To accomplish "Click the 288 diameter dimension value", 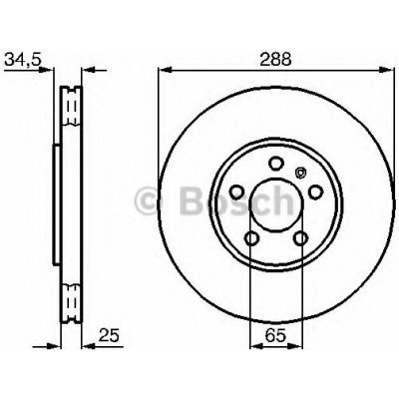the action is (275, 60).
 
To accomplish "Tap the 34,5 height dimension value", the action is (23, 60).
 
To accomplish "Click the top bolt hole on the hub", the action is (276, 164).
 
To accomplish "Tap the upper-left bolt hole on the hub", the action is (237, 192).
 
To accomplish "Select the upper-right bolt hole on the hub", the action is (315, 192).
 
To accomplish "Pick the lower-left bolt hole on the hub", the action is (251, 237).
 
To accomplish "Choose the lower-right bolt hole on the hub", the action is (301, 237).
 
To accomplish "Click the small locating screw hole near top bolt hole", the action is (300, 173).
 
